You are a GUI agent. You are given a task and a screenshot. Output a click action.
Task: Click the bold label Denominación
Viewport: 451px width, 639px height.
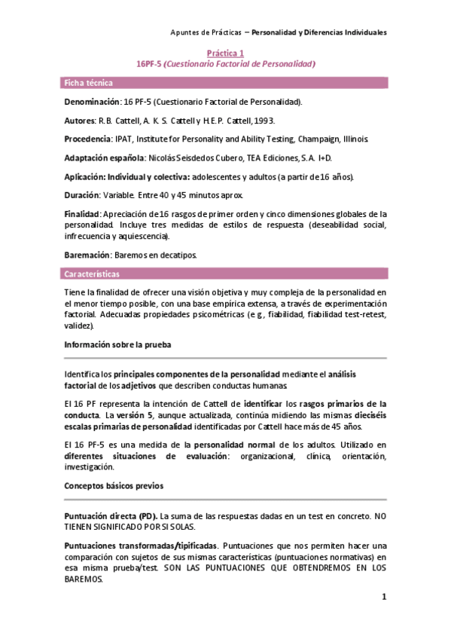pyautogui.click(x=92, y=100)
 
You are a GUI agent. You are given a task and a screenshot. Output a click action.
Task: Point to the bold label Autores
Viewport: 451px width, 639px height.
pyautogui.click(x=81, y=120)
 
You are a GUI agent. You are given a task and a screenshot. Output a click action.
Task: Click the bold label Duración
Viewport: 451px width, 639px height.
pyautogui.click(x=84, y=195)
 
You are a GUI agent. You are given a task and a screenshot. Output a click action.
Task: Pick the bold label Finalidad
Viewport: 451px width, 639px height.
pyautogui.click(x=83, y=214)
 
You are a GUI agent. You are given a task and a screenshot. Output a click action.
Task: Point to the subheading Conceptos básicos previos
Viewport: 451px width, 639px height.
pyautogui.click(x=114, y=486)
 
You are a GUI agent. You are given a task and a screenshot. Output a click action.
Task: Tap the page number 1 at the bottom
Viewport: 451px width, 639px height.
pyautogui.click(x=383, y=598)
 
